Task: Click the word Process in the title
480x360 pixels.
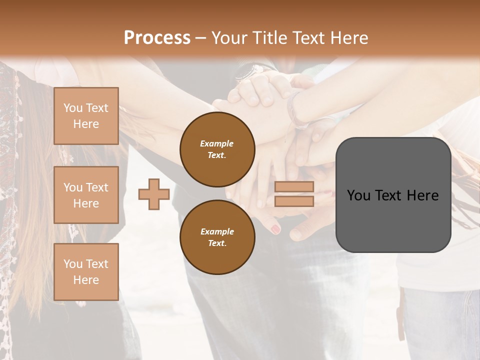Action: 157,38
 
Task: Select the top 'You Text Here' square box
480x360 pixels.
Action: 86,116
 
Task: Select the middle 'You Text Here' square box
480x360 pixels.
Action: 86,195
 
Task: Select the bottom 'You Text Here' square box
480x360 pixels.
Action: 86,271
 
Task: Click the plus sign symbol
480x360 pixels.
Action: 154,194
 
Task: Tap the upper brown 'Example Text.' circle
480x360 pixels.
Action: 217,149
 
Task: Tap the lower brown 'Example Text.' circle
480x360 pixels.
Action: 217,237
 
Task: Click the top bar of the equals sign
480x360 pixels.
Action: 294,186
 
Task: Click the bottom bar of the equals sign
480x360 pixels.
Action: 294,201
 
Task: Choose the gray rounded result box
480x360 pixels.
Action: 393,195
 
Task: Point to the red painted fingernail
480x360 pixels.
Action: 275,229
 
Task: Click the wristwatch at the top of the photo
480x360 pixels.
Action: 252,71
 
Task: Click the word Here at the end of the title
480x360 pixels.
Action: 348,38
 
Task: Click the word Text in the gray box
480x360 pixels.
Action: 392,195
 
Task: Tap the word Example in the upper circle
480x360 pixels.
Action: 217,143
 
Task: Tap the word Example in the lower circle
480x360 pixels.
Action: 217,231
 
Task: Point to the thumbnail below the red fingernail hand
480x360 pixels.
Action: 296,233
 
